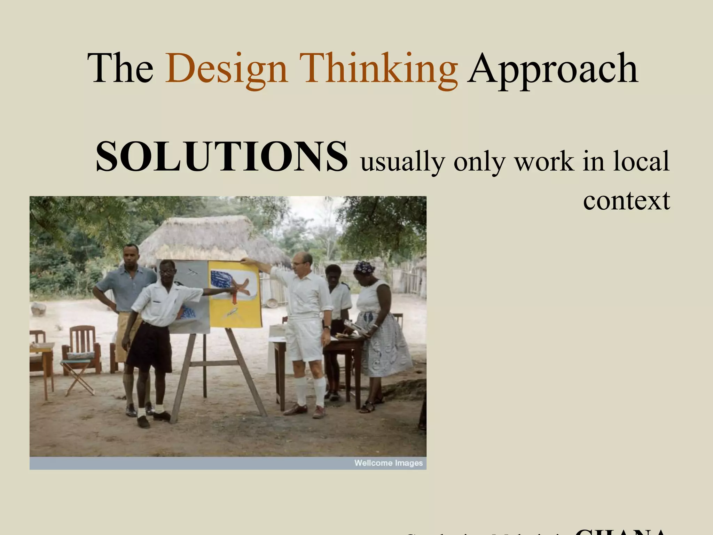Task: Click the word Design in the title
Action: [226, 69]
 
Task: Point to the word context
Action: [626, 201]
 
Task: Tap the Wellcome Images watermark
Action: [388, 463]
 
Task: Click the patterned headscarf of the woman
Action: [364, 267]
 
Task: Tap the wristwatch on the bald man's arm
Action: [327, 327]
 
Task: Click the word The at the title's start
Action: [120, 69]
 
